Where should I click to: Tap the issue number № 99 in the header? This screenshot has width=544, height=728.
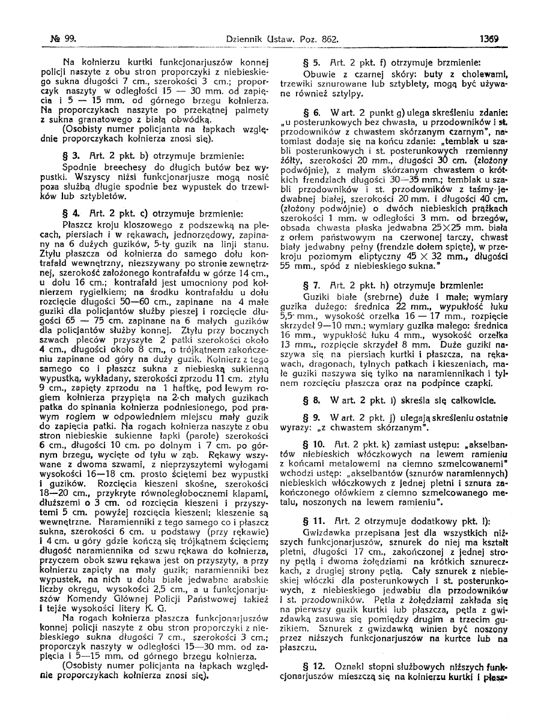click(61, 39)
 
